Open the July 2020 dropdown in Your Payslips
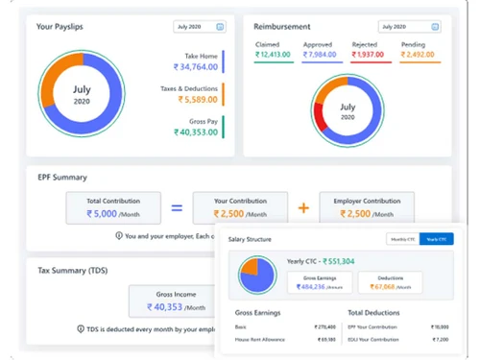[x=200, y=27]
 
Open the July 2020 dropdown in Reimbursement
[x=409, y=27]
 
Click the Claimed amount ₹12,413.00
[x=275, y=55]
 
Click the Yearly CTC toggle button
[x=436, y=240]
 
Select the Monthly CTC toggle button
[x=402, y=240]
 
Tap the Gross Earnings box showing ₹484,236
[x=320, y=283]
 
